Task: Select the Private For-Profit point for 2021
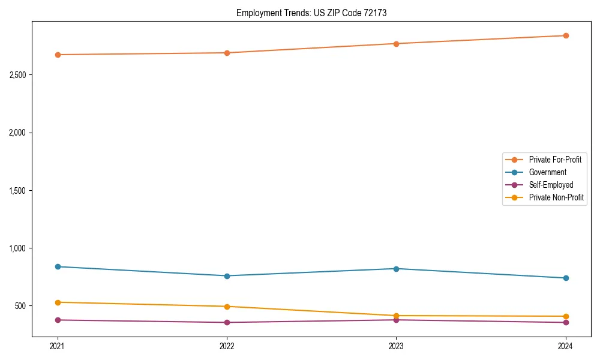[58, 55]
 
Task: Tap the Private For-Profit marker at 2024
[566, 35]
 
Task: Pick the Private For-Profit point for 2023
[396, 44]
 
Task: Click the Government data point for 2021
[58, 266]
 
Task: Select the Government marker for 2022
[227, 276]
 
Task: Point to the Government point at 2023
[396, 269]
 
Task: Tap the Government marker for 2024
[566, 278]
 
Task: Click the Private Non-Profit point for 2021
[58, 302]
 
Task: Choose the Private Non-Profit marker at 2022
[227, 307]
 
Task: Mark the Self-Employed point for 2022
[227, 322]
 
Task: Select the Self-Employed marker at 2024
[566, 322]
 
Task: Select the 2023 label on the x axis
[396, 346]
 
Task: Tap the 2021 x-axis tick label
[58, 346]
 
